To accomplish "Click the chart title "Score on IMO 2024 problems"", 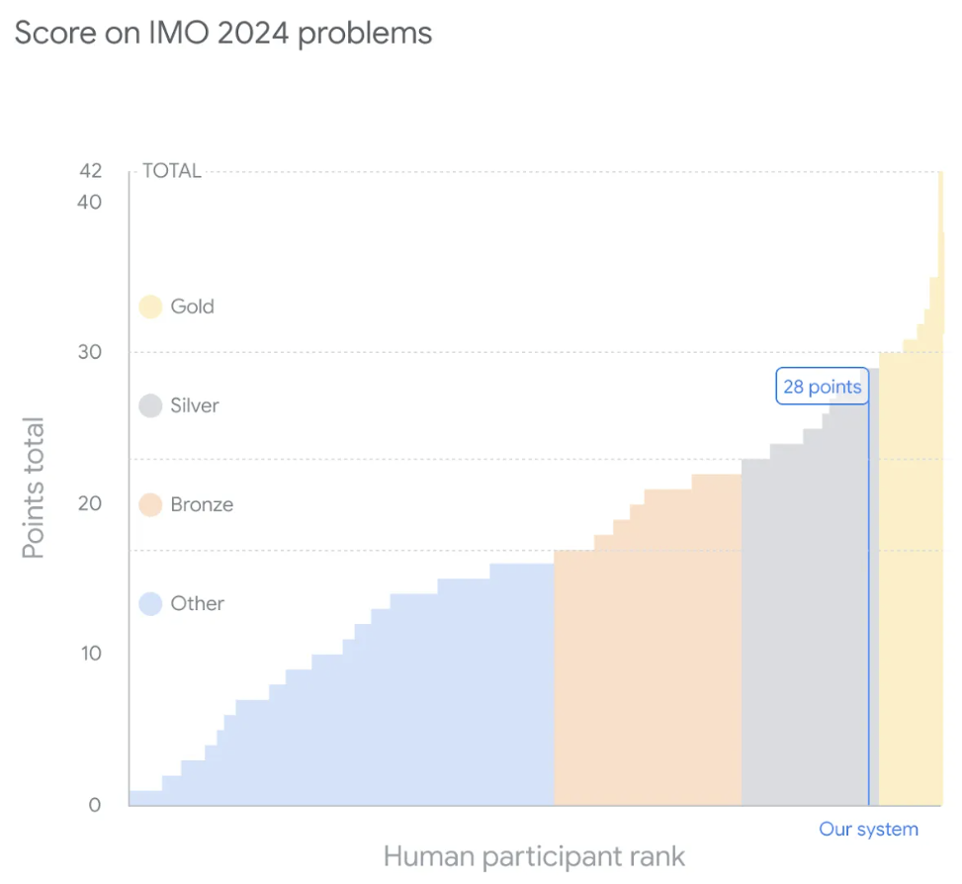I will [x=222, y=34].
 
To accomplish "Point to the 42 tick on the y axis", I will [x=91, y=171].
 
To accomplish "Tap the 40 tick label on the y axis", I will [x=91, y=202].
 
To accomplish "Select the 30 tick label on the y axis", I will [x=91, y=353].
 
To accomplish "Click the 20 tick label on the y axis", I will [x=91, y=503].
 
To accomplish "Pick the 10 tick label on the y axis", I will [x=91, y=654].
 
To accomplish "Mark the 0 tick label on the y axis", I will [x=95, y=805].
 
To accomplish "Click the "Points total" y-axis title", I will [x=35, y=488].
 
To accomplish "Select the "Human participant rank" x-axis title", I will [x=534, y=855].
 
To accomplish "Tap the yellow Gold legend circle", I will [x=150, y=307].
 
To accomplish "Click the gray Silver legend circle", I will [x=150, y=405].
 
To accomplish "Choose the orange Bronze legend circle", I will [x=150, y=504].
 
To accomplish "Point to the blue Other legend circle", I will [x=150, y=603].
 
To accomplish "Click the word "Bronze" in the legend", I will [x=202, y=504].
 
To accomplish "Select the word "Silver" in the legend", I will [x=195, y=405].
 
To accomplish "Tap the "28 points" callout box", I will [x=822, y=387].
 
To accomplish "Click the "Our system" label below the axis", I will [x=868, y=830].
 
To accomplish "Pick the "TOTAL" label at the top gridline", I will [x=172, y=171].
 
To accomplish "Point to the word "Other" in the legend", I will [x=198, y=603].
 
